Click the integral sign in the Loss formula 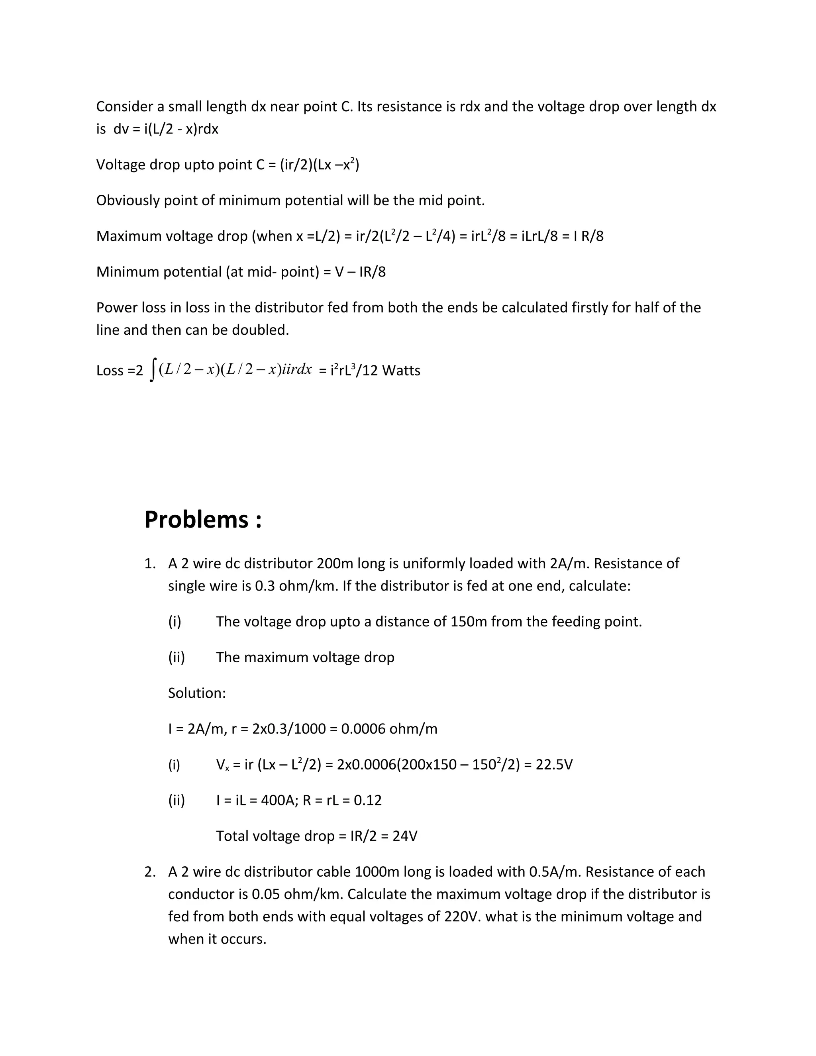tap(153, 370)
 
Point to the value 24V tap(405, 836)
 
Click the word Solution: tap(197, 693)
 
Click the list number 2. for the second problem tap(150, 872)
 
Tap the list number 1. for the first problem tap(150, 564)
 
